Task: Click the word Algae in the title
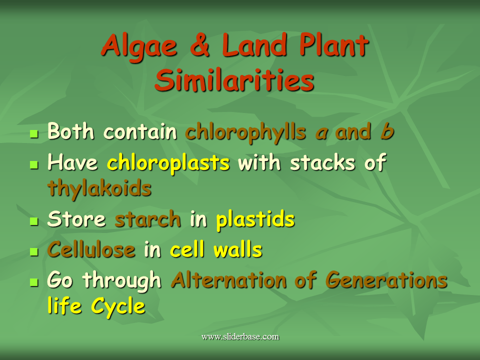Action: click(x=138, y=46)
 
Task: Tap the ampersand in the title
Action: click(x=199, y=46)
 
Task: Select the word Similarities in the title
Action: click(x=234, y=81)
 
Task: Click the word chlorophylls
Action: click(x=245, y=132)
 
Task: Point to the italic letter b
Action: click(x=386, y=132)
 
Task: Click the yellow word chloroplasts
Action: click(x=168, y=163)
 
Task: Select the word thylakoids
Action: click(x=99, y=188)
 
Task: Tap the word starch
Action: click(x=147, y=219)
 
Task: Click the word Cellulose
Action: click(x=91, y=250)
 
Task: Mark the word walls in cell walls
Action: click(x=237, y=250)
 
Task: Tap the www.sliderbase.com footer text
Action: click(x=240, y=336)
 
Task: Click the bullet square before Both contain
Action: click(x=34, y=134)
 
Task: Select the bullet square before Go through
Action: click(x=34, y=282)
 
